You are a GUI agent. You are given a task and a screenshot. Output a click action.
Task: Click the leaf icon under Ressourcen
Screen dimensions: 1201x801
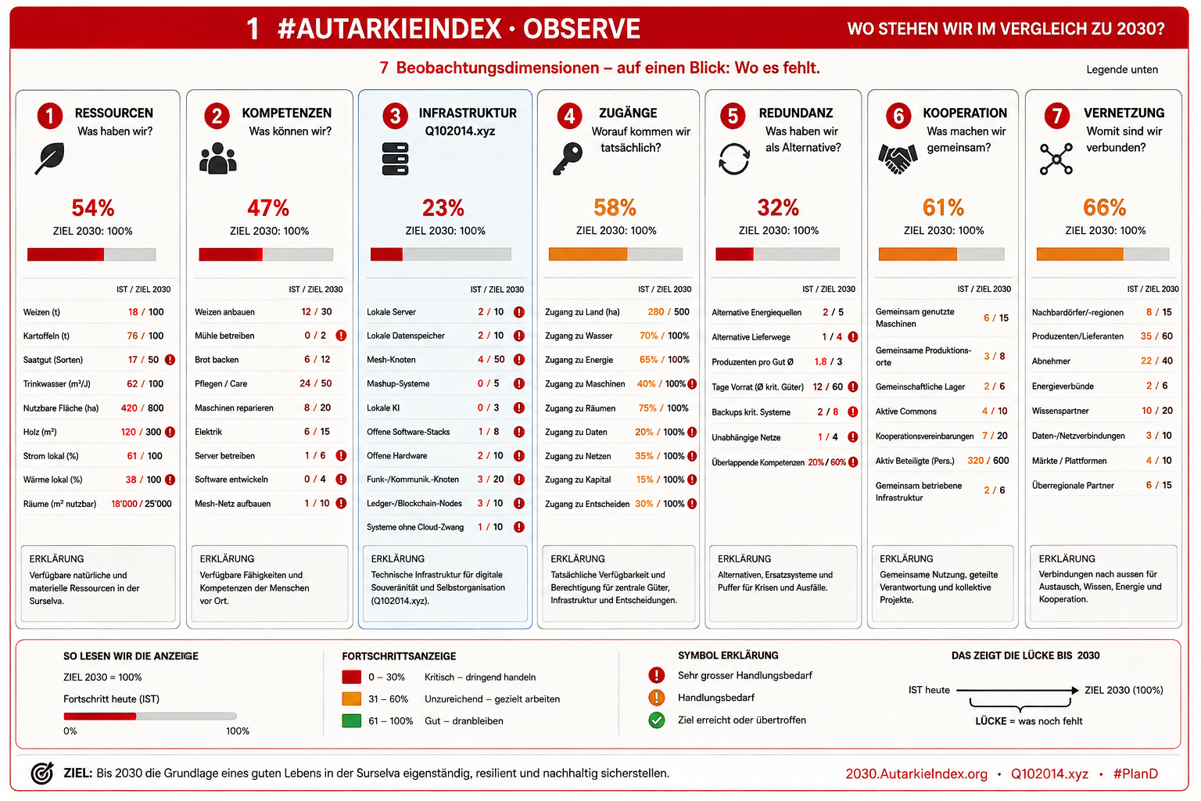pos(50,158)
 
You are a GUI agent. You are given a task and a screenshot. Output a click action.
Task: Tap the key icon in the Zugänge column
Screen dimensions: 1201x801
pos(567,159)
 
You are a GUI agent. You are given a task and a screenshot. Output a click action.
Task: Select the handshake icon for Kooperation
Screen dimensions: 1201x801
pos(898,160)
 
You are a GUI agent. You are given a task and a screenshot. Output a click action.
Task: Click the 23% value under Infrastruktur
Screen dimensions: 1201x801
pos(443,207)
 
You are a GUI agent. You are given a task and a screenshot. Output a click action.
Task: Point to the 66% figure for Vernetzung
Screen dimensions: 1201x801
pos(1105,207)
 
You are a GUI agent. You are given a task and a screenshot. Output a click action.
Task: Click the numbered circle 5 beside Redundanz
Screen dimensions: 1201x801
pos(733,116)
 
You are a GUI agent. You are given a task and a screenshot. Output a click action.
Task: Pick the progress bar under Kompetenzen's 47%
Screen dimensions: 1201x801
pos(266,254)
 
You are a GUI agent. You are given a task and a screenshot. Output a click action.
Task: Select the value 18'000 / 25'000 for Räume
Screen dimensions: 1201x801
pos(141,504)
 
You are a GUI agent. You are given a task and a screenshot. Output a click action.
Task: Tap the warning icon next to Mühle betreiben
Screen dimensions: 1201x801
pos(341,336)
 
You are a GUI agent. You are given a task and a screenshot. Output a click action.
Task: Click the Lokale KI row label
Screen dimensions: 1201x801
pos(383,408)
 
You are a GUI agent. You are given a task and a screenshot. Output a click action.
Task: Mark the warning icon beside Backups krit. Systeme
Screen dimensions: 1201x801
pos(852,412)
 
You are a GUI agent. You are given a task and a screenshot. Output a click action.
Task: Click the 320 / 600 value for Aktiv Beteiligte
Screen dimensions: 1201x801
pos(988,460)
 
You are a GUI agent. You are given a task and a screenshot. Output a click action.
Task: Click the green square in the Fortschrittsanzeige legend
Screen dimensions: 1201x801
pos(351,720)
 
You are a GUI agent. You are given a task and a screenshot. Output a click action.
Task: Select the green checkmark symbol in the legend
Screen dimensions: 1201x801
pos(656,720)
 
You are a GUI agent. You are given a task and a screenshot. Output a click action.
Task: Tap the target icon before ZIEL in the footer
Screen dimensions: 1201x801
pos(42,773)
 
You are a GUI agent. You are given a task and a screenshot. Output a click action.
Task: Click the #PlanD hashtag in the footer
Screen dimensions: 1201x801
pos(1135,774)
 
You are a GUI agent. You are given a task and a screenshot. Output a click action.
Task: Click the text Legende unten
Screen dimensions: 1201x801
pos(1122,69)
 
